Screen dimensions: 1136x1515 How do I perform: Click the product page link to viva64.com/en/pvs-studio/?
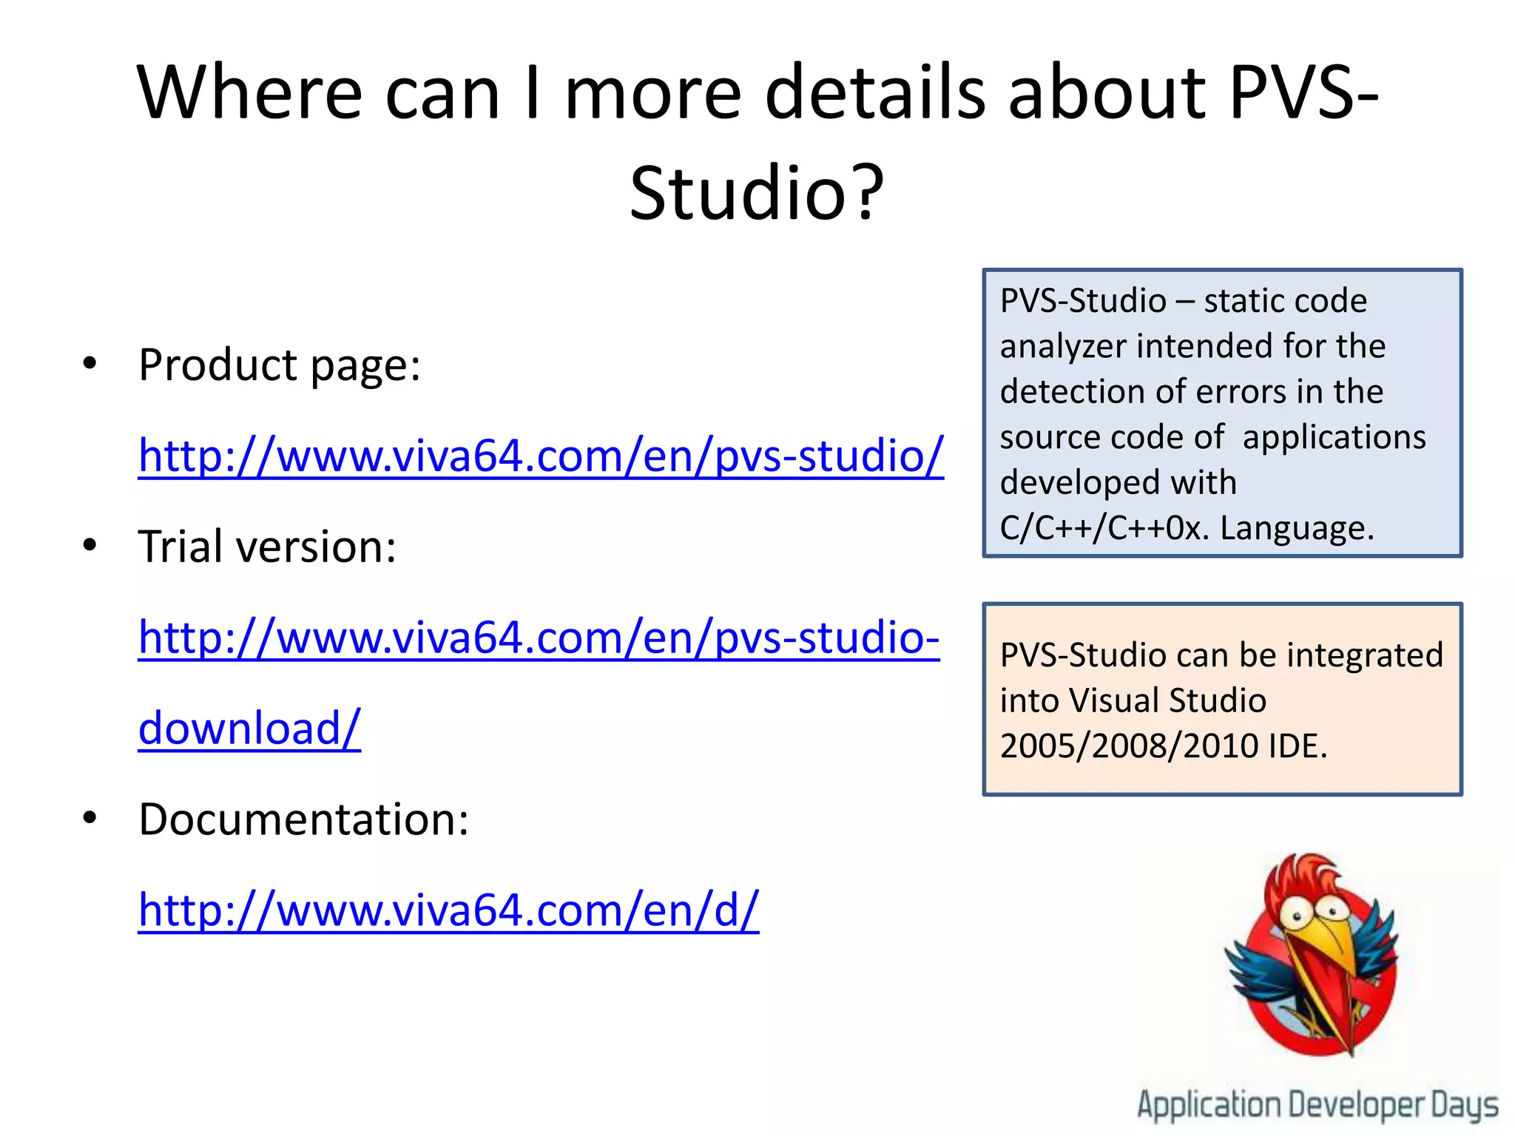(x=541, y=456)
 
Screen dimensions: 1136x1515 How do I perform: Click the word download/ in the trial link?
(x=249, y=728)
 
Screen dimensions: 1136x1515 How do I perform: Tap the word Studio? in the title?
(x=757, y=193)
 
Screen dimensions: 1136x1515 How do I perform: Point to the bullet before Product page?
(x=90, y=364)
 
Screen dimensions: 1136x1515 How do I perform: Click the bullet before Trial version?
(x=90, y=546)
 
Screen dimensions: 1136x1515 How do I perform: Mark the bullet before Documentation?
(x=90, y=819)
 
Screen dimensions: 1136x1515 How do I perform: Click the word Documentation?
(x=303, y=819)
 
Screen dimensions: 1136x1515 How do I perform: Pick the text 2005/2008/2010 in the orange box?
(x=1128, y=746)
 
